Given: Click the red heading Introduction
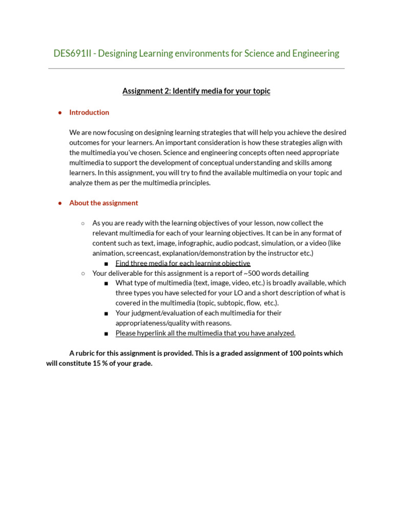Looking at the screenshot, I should [x=89, y=113].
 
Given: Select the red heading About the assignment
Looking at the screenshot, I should [x=103, y=203].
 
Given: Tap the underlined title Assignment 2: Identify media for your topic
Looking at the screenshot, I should [x=196, y=91].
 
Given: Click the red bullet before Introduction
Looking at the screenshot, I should [x=60, y=113].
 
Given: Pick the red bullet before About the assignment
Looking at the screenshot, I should [x=60, y=203].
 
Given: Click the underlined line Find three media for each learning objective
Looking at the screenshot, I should [x=183, y=264].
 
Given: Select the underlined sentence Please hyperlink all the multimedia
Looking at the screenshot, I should [x=205, y=333].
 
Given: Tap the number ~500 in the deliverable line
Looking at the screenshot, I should [x=254, y=273].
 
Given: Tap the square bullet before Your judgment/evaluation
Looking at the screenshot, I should [x=106, y=313].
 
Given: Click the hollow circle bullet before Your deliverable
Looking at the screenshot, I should [x=83, y=273].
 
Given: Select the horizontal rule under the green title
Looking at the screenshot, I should [x=196, y=69].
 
